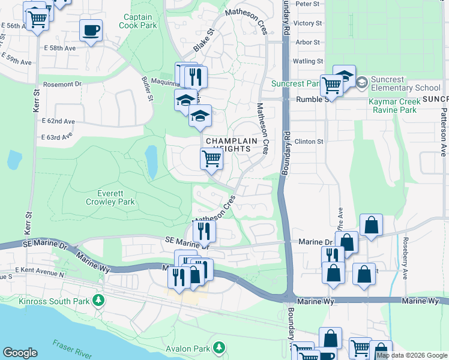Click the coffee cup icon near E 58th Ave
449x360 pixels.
click(91, 30)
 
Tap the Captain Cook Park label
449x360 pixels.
click(138, 22)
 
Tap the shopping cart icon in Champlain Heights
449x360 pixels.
click(211, 159)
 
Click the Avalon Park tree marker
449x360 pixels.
click(220, 347)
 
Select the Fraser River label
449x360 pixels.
click(72, 349)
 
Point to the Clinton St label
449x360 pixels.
click(309, 142)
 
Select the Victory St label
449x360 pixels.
click(309, 23)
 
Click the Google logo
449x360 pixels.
click(20, 352)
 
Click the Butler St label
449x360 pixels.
click(148, 88)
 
